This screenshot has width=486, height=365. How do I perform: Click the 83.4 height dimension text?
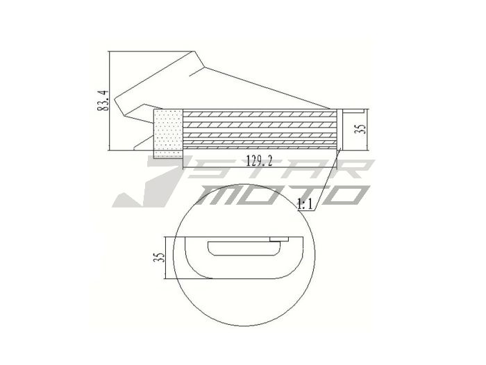click(x=103, y=100)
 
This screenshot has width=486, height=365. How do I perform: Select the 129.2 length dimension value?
click(x=258, y=161)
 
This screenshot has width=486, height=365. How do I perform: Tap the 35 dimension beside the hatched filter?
click(x=360, y=130)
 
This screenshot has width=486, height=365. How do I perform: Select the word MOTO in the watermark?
click(x=278, y=195)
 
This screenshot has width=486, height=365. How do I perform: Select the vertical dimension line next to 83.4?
click(x=111, y=100)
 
